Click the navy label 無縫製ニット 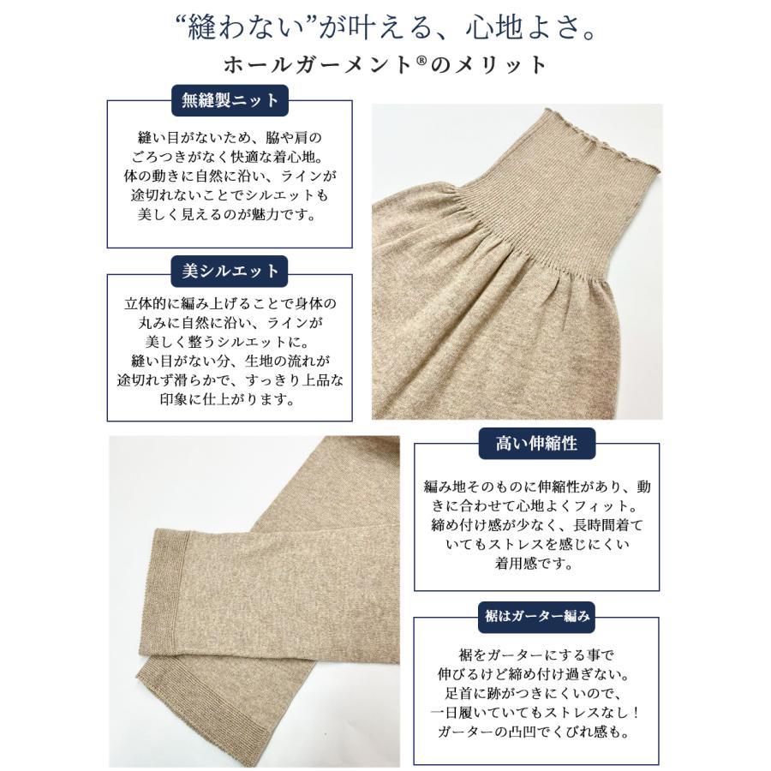point(230,100)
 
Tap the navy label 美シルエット point(230,271)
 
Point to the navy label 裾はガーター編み point(535,613)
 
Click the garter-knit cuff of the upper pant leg point(176,570)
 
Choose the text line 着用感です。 point(535,565)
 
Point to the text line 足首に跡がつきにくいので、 point(535,693)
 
